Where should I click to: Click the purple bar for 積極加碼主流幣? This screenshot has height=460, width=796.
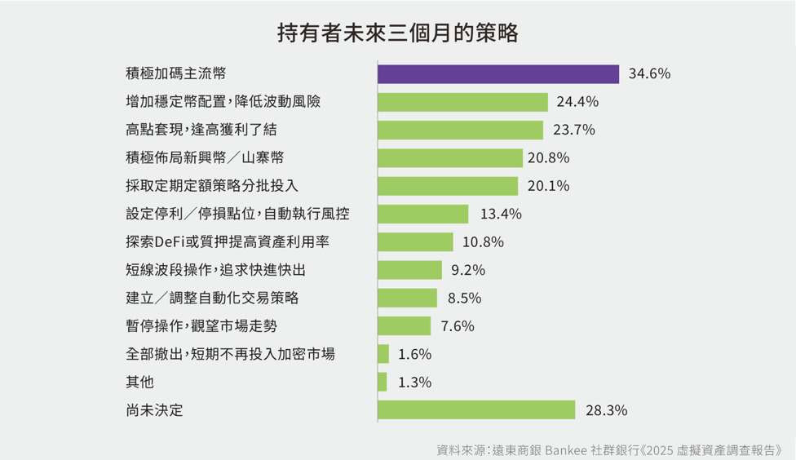(498, 73)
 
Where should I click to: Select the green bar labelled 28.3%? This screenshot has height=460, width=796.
(476, 410)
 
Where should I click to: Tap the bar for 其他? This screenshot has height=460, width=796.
(383, 382)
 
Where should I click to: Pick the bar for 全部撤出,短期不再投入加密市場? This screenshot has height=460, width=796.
(383, 354)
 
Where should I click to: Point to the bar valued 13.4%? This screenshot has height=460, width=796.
(423, 214)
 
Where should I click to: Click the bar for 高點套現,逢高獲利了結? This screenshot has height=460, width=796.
(460, 130)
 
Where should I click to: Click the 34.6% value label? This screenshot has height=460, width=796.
(649, 74)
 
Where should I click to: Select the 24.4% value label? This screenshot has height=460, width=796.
(577, 102)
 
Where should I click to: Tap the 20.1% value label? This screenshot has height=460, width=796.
(548, 186)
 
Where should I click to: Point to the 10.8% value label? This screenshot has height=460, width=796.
(483, 242)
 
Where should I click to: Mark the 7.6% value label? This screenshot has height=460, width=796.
(458, 326)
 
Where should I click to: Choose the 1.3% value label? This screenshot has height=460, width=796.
(414, 383)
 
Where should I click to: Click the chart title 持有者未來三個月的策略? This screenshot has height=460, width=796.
(397, 33)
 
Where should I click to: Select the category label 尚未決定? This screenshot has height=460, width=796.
(154, 410)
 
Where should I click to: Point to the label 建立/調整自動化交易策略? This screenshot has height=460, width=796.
(206, 298)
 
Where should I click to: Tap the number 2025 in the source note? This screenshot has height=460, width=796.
(661, 449)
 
